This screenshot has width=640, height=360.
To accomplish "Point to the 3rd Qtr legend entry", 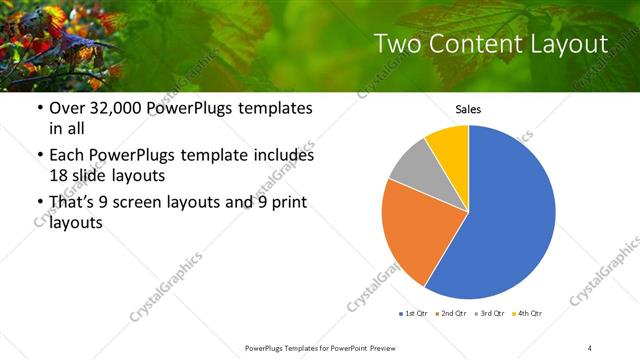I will [x=490, y=314].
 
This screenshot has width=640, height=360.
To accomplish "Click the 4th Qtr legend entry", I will [x=528, y=314].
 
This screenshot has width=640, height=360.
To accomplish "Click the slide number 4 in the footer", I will [x=590, y=347].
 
